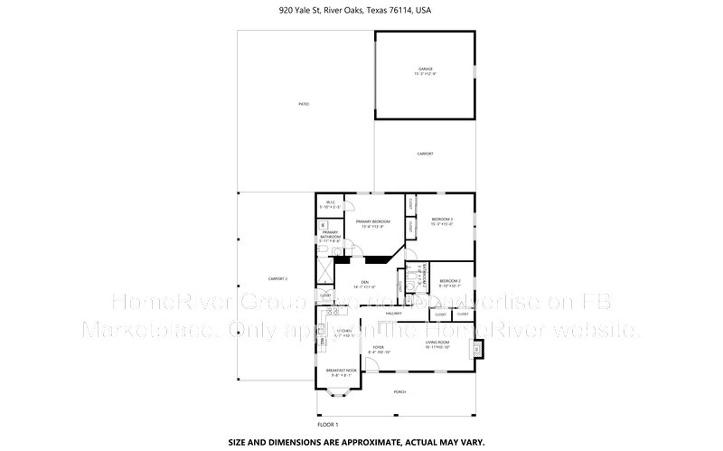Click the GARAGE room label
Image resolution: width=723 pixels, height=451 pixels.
click(x=425, y=69)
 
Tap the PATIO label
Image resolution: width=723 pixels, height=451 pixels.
click(x=304, y=106)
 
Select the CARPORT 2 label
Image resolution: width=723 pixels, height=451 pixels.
click(x=277, y=278)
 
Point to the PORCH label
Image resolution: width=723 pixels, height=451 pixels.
click(x=399, y=392)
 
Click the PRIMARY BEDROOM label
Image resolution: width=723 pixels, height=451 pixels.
click(x=372, y=221)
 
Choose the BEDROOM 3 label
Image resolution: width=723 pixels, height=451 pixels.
click(x=441, y=220)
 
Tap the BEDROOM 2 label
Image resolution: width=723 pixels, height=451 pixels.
click(x=449, y=281)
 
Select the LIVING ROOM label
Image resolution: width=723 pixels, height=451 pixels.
click(x=438, y=343)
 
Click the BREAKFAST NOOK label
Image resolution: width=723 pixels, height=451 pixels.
click(x=343, y=371)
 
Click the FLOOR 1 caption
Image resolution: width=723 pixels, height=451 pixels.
click(x=327, y=424)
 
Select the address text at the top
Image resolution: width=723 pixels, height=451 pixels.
click(x=361, y=11)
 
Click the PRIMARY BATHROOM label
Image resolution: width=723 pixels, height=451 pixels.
click(x=330, y=237)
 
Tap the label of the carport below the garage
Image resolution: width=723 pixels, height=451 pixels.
click(x=425, y=155)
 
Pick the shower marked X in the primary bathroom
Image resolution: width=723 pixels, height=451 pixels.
click(x=324, y=270)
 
